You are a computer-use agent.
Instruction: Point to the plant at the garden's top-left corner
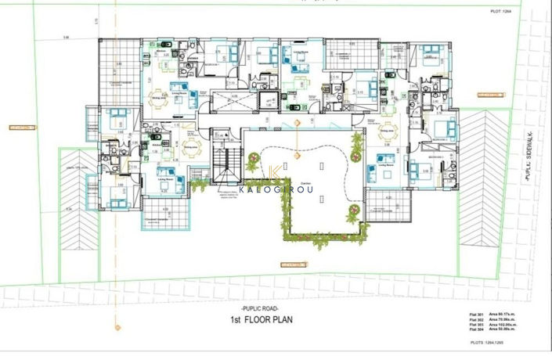click(254, 163)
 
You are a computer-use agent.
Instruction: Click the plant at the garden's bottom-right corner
click(356, 212)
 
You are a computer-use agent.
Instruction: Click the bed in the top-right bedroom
click(429, 56)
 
